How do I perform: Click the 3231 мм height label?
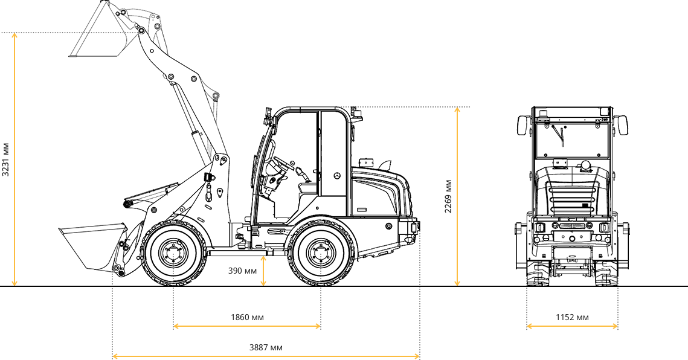pos(5,159)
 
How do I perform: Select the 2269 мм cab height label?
pos(448,196)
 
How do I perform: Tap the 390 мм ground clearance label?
pos(242,271)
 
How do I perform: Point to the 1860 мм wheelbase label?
pos(248,317)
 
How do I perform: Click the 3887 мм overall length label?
pos(266,348)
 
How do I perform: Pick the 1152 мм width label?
pos(572,317)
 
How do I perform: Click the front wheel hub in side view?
pos(174,254)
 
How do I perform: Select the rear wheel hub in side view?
pos(321,254)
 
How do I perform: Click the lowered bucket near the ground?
pos(93,246)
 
